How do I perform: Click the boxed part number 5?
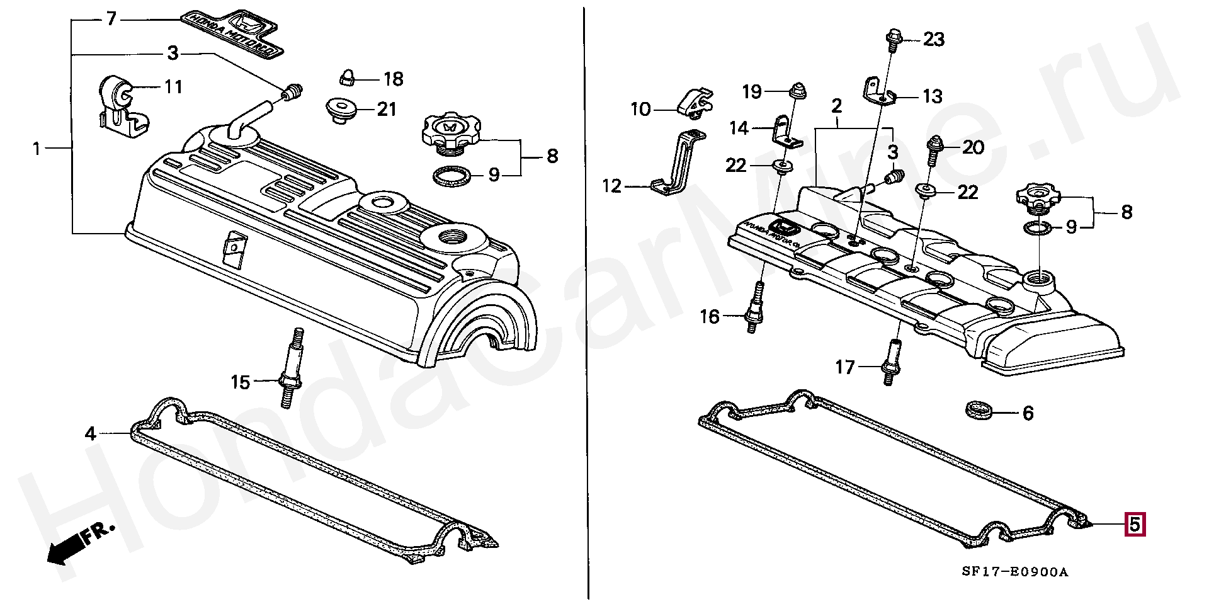(1135, 524)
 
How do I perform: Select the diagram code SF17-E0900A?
(1015, 572)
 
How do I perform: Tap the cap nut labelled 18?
(348, 78)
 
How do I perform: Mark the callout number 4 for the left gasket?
(91, 433)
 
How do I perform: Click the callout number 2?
(836, 106)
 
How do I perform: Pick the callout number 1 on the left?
(37, 149)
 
